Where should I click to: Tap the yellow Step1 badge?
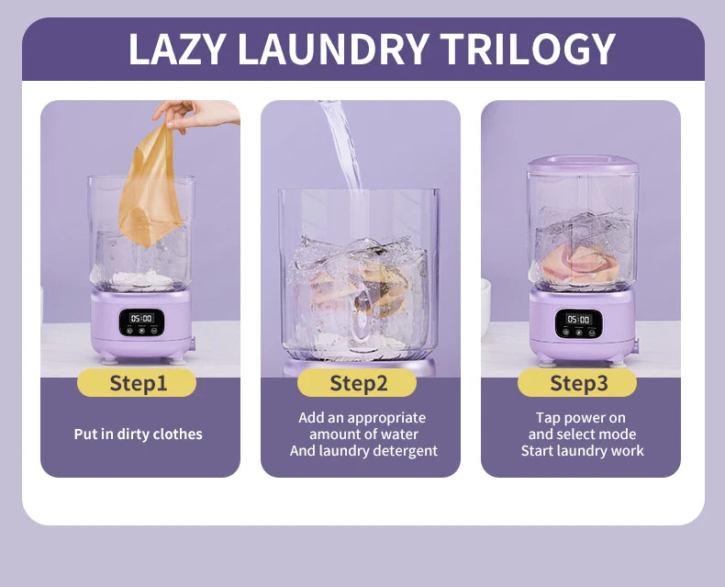pyautogui.click(x=138, y=383)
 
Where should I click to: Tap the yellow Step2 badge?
pyautogui.click(x=359, y=383)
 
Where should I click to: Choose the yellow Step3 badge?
pyautogui.click(x=578, y=383)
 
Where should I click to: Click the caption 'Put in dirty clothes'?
pyautogui.click(x=138, y=434)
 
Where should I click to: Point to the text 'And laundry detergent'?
pyautogui.click(x=363, y=451)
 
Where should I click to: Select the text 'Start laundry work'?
pyautogui.click(x=582, y=451)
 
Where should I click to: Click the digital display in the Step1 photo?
pyautogui.click(x=140, y=318)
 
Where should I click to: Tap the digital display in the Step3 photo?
pyautogui.click(x=578, y=319)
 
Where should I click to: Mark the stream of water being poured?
pyautogui.click(x=340, y=147)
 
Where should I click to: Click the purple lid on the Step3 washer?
pyautogui.click(x=581, y=164)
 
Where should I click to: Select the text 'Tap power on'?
pyautogui.click(x=582, y=417)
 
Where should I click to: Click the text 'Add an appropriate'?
pyautogui.click(x=362, y=417)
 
